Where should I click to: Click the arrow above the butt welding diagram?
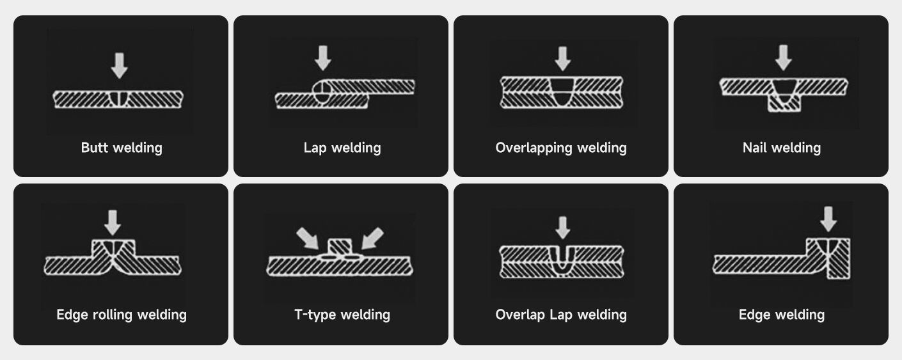pos(119,65)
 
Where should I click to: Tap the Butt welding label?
pos(122,148)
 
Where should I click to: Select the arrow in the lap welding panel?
pos(323,57)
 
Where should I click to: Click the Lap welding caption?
pos(342,148)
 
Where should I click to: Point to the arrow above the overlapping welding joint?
pos(562,58)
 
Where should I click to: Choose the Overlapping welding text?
pos(561,148)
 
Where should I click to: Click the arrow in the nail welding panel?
pos(783,57)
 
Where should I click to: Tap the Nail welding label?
pos(781,148)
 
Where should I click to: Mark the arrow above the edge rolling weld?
pos(113,222)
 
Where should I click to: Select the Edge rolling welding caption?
pos(122,315)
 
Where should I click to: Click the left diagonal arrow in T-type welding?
pos(308,238)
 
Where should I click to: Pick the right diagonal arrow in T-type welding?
pos(372,238)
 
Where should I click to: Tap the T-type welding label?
pos(342,315)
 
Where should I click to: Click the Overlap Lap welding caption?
pos(561,315)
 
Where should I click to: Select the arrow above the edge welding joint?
pos(828,218)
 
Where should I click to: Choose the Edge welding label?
pos(781,315)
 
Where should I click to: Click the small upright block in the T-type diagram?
pos(340,246)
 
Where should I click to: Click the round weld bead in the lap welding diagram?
pos(322,91)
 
